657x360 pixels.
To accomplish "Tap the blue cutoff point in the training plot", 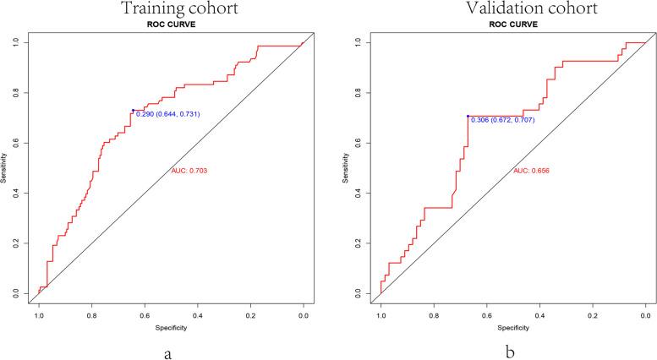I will [133, 110].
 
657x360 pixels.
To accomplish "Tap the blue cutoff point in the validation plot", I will [468, 117].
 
